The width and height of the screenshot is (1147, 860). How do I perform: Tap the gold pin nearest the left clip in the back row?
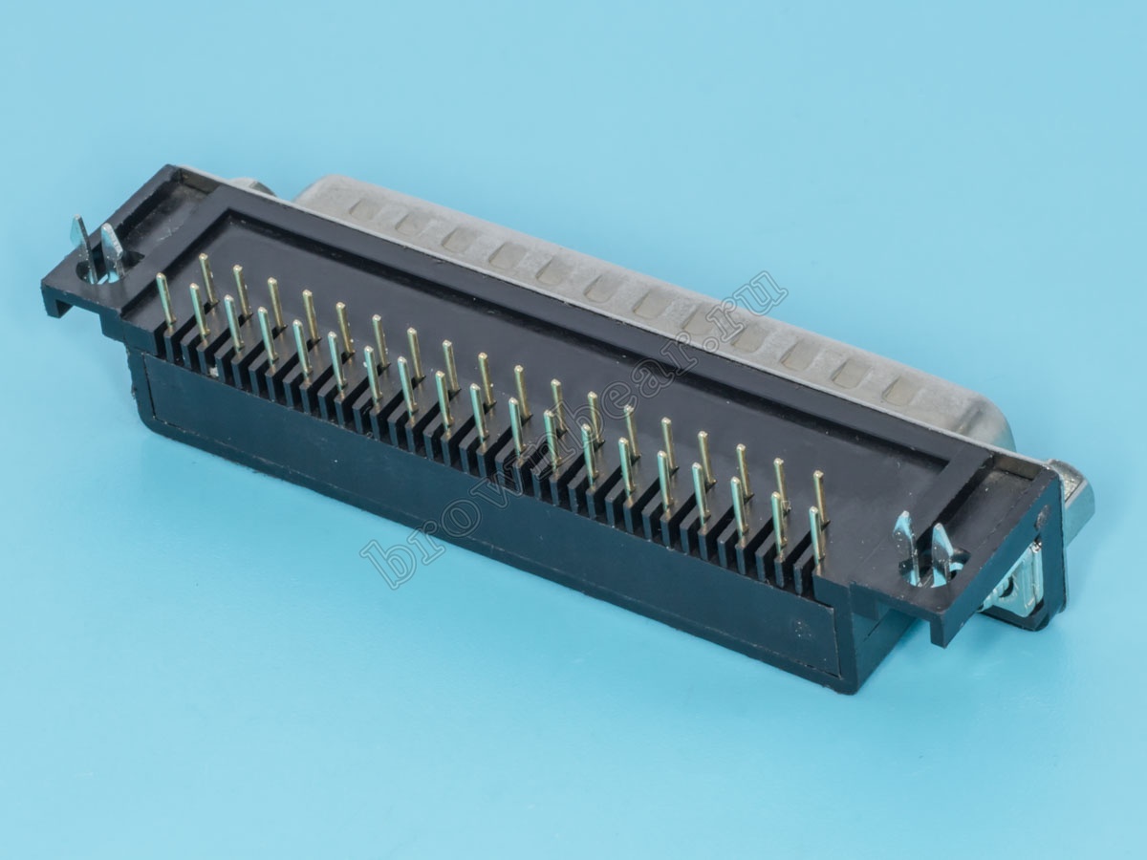pyautogui.click(x=208, y=278)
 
